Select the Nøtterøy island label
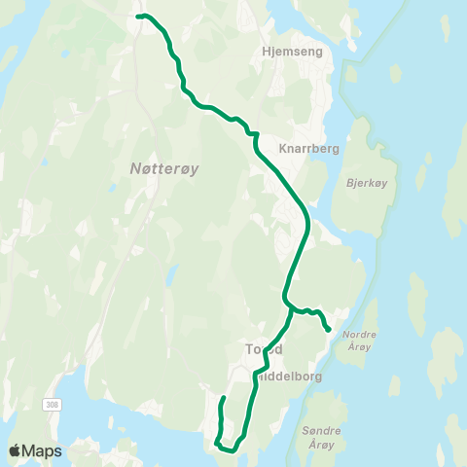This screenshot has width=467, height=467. [164, 168]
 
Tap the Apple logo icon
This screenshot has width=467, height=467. [16, 451]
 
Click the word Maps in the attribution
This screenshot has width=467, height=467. [43, 451]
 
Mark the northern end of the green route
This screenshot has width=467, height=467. [138, 17]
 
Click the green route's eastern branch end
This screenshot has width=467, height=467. [329, 330]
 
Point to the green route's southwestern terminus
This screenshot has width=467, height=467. [223, 398]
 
